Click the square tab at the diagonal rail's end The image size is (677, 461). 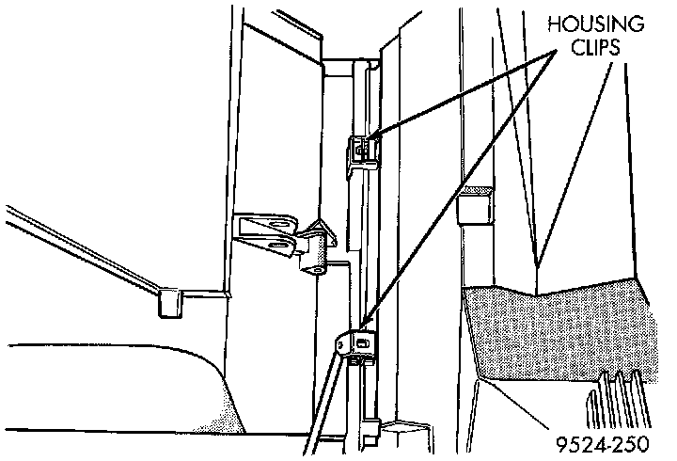click(x=170, y=302)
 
